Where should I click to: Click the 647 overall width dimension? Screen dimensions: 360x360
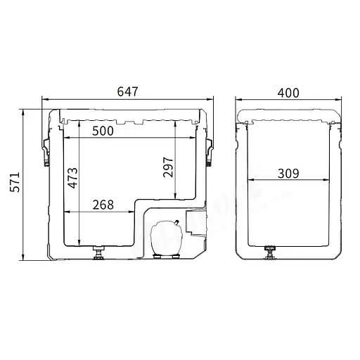pyautogui.click(x=127, y=91)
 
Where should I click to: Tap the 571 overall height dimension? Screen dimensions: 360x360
pyautogui.click(x=15, y=182)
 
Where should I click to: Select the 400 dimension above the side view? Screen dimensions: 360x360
pyautogui.click(x=288, y=93)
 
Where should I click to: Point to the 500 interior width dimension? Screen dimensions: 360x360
pyautogui.click(x=103, y=131)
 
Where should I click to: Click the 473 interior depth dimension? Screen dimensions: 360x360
pyautogui.click(x=72, y=178)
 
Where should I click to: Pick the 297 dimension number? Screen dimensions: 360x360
pyautogui.click(x=168, y=167)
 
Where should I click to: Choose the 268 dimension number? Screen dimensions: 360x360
pyautogui.click(x=103, y=205)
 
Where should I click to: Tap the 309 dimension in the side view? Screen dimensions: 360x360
pyautogui.click(x=288, y=174)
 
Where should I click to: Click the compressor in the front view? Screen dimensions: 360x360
pyautogui.click(x=166, y=238)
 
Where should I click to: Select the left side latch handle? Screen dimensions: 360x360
pyautogui.click(x=46, y=152)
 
